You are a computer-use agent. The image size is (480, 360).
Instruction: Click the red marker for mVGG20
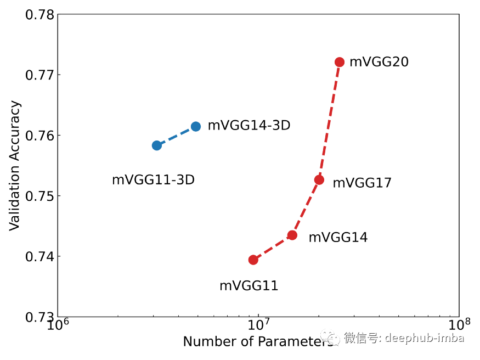tap(340, 62)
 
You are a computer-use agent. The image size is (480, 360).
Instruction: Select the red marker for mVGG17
tap(319, 180)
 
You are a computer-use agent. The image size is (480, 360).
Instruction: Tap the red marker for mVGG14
tap(292, 235)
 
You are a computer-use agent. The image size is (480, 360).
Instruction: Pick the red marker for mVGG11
tap(253, 260)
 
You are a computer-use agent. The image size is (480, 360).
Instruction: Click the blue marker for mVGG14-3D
tap(196, 126)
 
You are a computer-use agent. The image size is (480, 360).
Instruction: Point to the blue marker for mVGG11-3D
tap(157, 145)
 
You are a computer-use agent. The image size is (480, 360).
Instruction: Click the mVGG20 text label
tap(379, 62)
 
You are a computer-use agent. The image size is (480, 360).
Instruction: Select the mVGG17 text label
tap(362, 183)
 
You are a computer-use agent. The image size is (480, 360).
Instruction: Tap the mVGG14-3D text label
tap(249, 126)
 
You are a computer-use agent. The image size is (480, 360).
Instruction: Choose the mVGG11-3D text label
tap(153, 180)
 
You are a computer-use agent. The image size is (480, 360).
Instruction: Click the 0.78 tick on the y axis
tap(40, 14)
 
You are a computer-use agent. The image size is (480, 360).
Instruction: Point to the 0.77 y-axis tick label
tap(40, 75)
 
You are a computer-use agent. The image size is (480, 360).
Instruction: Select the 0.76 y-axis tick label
tap(40, 136)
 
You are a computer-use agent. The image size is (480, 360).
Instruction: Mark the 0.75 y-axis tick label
tap(40, 196)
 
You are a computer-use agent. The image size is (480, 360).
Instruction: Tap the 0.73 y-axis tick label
tap(40, 317)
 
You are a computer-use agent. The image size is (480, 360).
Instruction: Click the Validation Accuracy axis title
tap(15, 165)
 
